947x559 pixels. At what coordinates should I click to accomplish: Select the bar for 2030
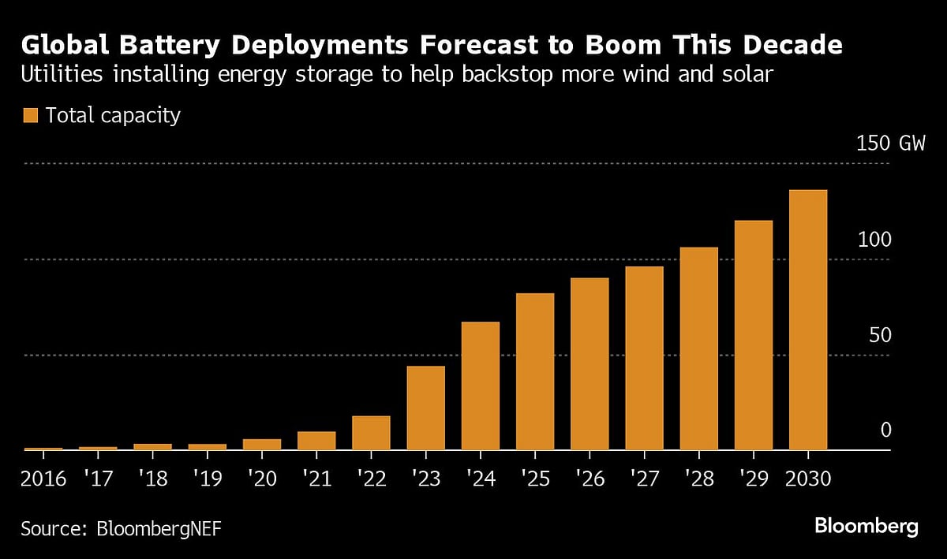pyautogui.click(x=808, y=319)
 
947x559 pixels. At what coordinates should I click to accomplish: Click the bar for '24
pyautogui.click(x=480, y=386)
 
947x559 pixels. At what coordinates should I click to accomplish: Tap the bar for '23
pyautogui.click(x=425, y=408)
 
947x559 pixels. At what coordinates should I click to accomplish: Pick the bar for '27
pyautogui.click(x=644, y=358)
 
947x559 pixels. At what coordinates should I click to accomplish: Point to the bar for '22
pyautogui.click(x=371, y=433)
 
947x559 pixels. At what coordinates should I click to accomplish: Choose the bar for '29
pyautogui.click(x=754, y=335)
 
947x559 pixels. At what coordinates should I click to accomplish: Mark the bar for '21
pyautogui.click(x=316, y=441)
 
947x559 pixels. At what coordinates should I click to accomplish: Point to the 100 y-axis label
pyautogui.click(x=874, y=240)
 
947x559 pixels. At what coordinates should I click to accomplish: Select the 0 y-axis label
pyautogui.click(x=885, y=430)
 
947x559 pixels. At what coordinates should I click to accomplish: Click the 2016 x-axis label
pyautogui.click(x=43, y=479)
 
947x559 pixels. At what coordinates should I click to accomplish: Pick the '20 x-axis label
pyautogui.click(x=262, y=479)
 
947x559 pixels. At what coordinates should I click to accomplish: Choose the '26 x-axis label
pyautogui.click(x=590, y=479)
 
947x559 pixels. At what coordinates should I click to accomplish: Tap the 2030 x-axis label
pyautogui.click(x=808, y=479)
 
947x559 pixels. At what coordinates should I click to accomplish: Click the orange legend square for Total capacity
pyautogui.click(x=30, y=116)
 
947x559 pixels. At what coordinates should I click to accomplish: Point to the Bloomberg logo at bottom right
pyautogui.click(x=866, y=526)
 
